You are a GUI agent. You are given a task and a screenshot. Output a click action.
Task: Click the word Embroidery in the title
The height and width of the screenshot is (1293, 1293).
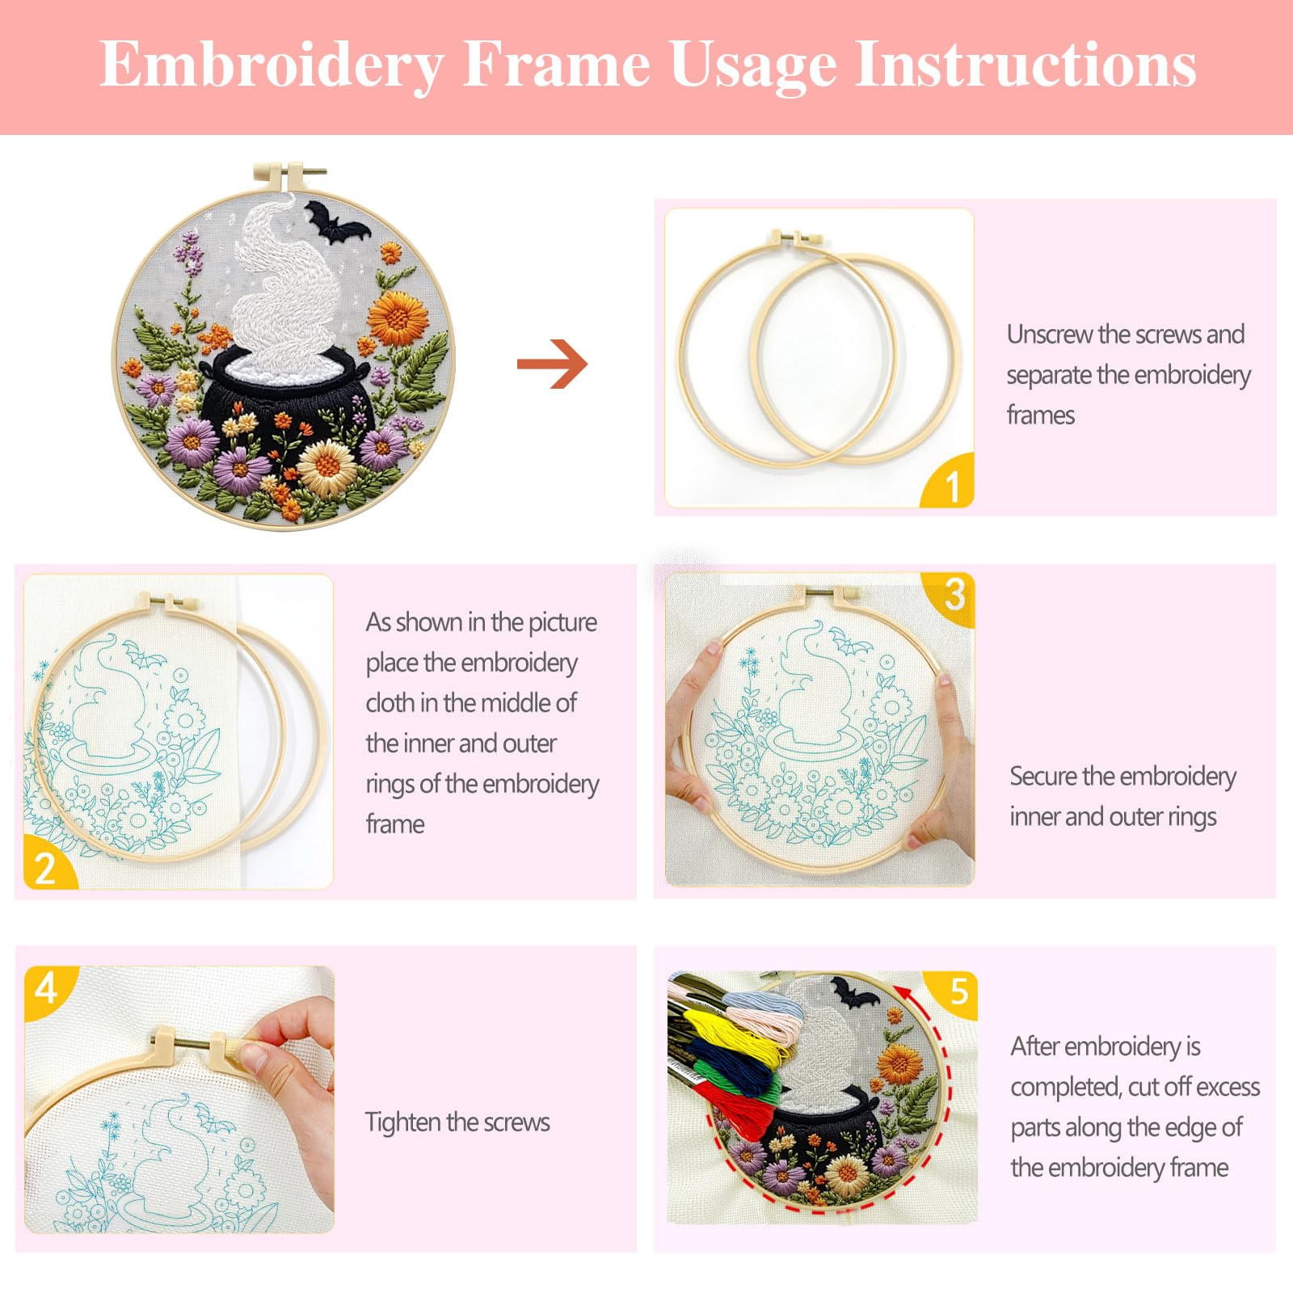coord(272,65)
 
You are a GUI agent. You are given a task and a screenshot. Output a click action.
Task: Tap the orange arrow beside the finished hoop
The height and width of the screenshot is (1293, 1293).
coord(552,364)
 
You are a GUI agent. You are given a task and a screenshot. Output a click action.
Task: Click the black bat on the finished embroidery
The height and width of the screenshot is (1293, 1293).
coord(336,222)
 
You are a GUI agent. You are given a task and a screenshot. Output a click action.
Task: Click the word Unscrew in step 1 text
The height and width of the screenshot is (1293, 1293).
coord(1049,335)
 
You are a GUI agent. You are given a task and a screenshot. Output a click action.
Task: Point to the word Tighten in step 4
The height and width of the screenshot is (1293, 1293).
coord(402,1122)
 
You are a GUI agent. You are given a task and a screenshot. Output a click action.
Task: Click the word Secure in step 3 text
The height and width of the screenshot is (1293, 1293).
coord(1042,777)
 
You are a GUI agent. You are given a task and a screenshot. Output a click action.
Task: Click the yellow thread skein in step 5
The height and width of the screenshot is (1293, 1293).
coord(731,1030)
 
